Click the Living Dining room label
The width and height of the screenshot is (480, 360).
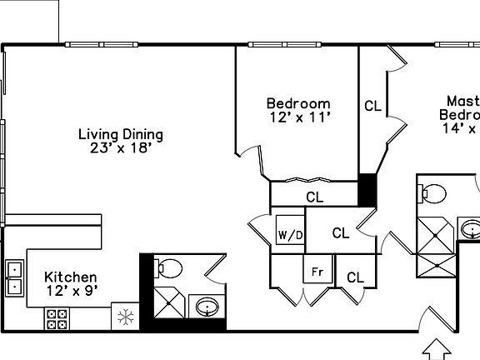[x=120, y=134]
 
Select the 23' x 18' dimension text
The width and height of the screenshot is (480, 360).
[x=120, y=149]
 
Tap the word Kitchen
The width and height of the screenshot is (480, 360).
[x=71, y=277]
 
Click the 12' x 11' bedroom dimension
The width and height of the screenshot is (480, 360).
[x=297, y=118]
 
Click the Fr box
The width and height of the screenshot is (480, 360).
[x=317, y=272]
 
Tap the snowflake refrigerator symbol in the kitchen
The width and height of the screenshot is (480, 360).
[x=125, y=317]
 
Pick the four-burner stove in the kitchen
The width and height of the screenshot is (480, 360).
[x=57, y=317]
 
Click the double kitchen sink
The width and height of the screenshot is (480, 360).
[x=14, y=277]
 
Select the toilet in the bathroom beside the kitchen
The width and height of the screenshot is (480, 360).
[x=169, y=268]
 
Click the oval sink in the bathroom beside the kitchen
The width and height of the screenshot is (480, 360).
[x=205, y=308]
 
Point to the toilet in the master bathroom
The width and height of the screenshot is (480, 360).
[x=431, y=193]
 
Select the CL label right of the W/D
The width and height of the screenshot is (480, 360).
[x=340, y=233]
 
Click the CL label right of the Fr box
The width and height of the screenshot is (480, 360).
[x=356, y=277]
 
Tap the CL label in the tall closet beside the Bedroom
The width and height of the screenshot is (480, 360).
[x=372, y=107]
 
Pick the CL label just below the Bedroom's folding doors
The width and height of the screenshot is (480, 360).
[x=314, y=197]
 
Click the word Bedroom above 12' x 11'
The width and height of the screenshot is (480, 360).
[x=297, y=104]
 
